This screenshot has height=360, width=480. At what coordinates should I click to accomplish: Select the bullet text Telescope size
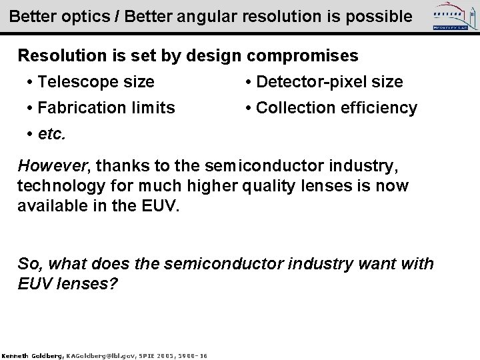pyautogui.click(x=97, y=82)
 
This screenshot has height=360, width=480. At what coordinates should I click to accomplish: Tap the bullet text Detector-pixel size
pyautogui.click(x=329, y=82)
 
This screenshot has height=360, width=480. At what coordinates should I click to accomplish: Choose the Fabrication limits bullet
pyautogui.click(x=107, y=107)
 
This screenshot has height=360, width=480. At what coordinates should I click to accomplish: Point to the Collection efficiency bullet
pyautogui.click(x=337, y=107)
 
